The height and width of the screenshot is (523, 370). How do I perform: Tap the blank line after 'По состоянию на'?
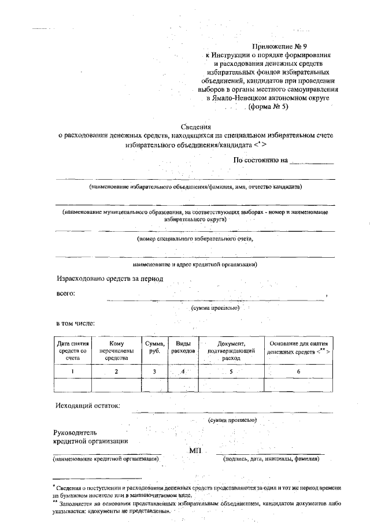pyautogui.click(x=312, y=162)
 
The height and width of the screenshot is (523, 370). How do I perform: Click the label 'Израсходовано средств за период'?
pyautogui.click(x=110, y=279)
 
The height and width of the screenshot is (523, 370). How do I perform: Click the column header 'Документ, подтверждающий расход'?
pyautogui.click(x=231, y=351)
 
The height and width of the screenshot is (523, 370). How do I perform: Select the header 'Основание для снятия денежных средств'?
pyautogui.click(x=298, y=347)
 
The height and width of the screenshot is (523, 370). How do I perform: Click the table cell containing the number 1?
pyautogui.click(x=72, y=372)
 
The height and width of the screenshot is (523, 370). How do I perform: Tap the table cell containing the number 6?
pyautogui.click(x=298, y=372)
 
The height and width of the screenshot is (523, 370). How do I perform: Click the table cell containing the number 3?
pyautogui.click(x=154, y=372)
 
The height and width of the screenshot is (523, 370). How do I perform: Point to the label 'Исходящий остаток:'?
pyautogui.click(x=88, y=405)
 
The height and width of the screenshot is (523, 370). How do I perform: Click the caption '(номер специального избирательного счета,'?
pyautogui.click(x=194, y=238)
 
